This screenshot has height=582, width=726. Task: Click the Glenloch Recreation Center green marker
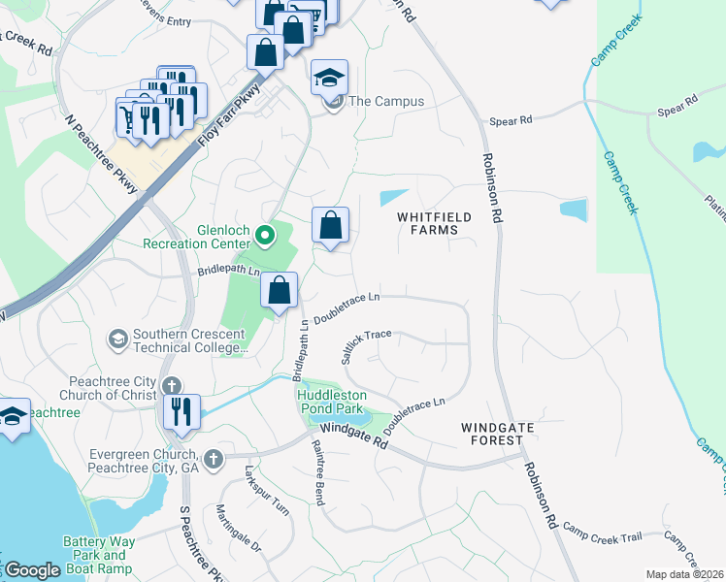[263, 235]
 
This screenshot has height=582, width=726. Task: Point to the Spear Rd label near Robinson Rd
[511, 120]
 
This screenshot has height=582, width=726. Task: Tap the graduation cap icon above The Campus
[330, 77]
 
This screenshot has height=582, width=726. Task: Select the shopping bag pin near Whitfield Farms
[331, 225]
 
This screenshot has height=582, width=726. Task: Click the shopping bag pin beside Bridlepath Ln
[279, 289]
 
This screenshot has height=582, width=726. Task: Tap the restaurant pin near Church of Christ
[181, 410]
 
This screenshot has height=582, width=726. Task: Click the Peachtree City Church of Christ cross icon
[172, 386]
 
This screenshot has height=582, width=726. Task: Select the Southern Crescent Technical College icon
[117, 339]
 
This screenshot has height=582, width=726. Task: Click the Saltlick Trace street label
[366, 343]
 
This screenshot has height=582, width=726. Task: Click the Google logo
[32, 570]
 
